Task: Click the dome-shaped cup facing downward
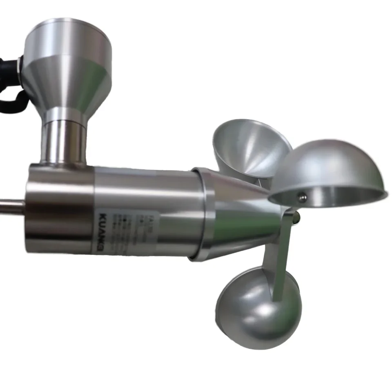[x=331, y=167]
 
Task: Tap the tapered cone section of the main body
[x=241, y=216]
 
